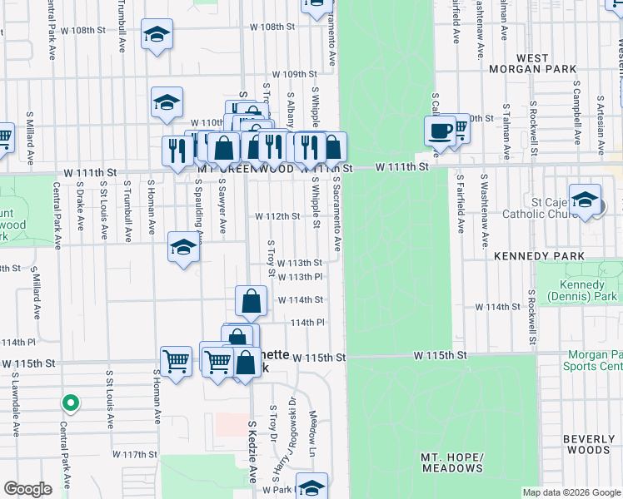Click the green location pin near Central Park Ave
coord(71,403)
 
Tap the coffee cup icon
coord(439,131)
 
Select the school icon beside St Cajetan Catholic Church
coord(586,201)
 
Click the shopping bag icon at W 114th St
coord(251,301)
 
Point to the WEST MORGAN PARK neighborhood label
coord(521,64)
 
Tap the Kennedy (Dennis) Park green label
coord(582,291)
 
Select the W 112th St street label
coord(277,216)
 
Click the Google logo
coord(27,489)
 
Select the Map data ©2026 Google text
coord(570,492)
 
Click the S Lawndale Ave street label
coord(15,402)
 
